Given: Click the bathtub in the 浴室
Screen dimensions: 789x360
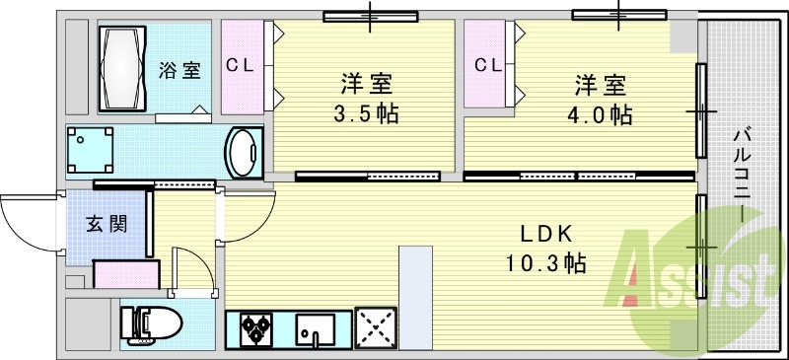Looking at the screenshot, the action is coord(122,68).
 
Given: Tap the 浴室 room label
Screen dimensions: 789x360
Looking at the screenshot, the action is coord(179,70).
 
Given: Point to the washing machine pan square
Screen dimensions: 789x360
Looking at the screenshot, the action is coord(90,150).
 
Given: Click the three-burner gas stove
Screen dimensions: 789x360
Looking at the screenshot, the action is coord(256,329).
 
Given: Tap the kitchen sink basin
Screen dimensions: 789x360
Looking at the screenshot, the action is coord(315,329).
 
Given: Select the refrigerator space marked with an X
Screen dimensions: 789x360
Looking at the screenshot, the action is coord(376,327).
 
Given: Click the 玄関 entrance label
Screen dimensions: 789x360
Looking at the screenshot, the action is coord(106,225).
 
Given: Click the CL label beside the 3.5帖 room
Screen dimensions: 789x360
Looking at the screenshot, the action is coord(240,65).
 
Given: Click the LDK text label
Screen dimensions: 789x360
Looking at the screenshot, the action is coord(546,234).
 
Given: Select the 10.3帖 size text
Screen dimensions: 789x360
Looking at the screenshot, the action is coord(545,262).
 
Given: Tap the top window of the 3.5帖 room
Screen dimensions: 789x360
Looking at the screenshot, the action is coord(371,17).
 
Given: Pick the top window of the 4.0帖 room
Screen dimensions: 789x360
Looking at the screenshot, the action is coord(619,15).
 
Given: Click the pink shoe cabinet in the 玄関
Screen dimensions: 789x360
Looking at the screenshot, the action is coord(127,274).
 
